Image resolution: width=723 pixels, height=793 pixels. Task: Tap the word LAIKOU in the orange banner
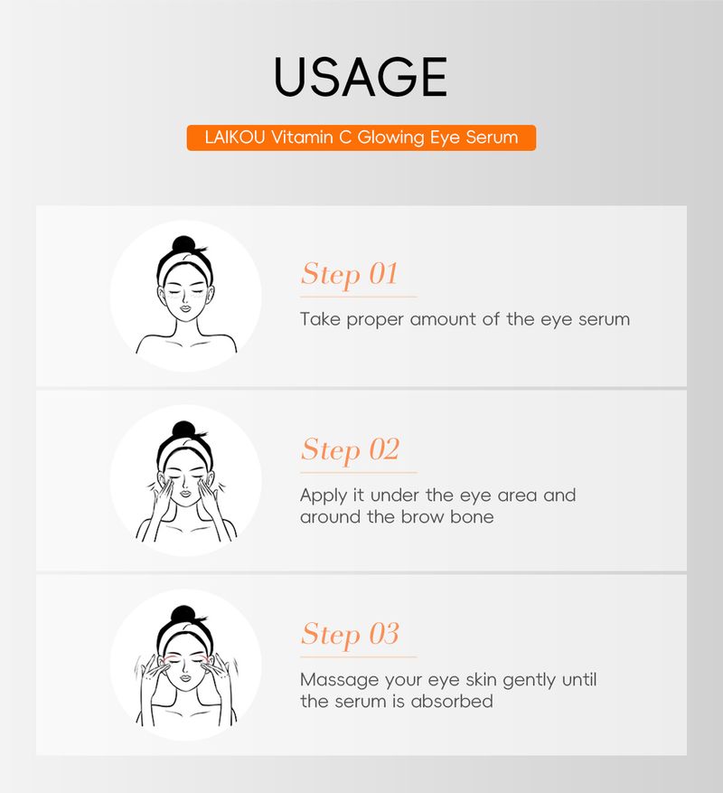click(235, 137)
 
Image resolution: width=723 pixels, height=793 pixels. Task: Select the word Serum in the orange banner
click(492, 137)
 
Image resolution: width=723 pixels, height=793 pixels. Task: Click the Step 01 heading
click(350, 276)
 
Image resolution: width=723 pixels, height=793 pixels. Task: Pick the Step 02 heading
click(350, 451)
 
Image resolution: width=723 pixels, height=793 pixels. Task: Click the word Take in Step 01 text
click(320, 319)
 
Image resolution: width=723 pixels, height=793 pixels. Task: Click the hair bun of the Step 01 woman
click(183, 244)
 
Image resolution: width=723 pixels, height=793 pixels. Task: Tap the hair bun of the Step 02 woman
click(183, 430)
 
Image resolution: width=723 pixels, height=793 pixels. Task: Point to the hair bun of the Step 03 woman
click(183, 614)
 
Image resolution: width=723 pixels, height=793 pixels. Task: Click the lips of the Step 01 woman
click(185, 308)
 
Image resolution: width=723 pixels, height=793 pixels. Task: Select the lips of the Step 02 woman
click(185, 493)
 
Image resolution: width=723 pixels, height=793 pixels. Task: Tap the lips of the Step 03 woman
click(185, 677)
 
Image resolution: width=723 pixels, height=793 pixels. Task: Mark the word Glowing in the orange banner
click(390, 137)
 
